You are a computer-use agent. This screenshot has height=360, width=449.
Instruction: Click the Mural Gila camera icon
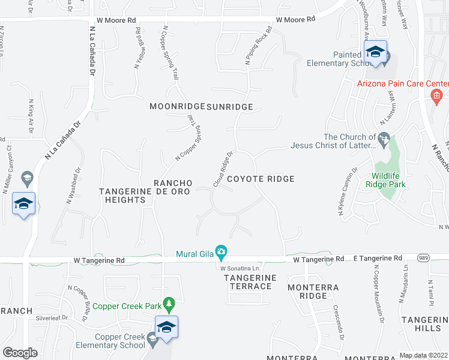coord(221,251)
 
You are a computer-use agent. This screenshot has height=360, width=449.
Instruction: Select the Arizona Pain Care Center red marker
coord(436,95)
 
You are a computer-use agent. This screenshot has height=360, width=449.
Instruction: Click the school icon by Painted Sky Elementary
coord(375,52)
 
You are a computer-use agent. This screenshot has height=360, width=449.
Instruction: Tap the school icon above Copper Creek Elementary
coord(166,327)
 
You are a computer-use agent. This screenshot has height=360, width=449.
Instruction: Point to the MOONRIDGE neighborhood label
coord(177,107)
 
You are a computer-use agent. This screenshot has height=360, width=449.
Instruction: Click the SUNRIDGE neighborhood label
coord(230,107)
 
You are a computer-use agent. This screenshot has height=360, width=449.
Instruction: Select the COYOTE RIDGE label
coord(268,179)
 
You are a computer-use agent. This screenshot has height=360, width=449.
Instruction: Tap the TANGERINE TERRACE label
coord(250,282)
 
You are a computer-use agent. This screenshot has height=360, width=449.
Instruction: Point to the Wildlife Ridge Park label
coord(387,181)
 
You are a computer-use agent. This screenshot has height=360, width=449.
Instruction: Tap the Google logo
coord(20,352)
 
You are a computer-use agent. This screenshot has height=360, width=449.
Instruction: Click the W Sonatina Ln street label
coord(240,267)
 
